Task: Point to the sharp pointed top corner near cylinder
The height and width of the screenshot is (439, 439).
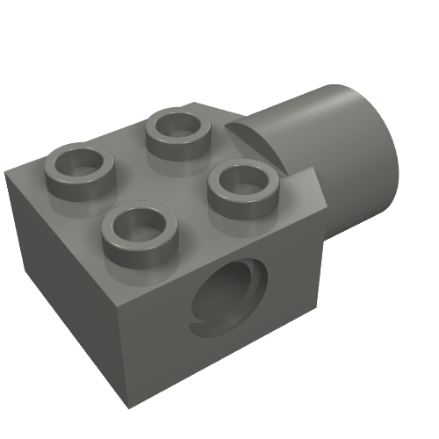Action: (313, 172)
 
